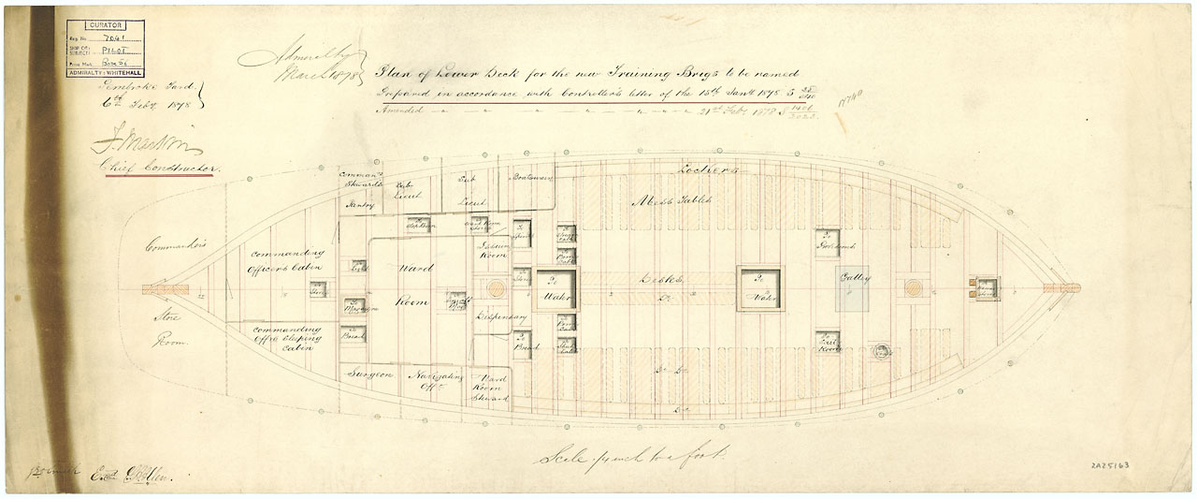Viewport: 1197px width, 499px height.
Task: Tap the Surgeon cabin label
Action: click(370, 373)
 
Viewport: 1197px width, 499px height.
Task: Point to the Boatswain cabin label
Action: click(530, 177)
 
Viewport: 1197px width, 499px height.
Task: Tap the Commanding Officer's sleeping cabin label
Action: click(291, 336)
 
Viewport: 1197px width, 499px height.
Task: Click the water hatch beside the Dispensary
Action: click(555, 287)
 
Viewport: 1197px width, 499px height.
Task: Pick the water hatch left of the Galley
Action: click(758, 287)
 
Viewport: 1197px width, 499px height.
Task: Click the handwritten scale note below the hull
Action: click(632, 458)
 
